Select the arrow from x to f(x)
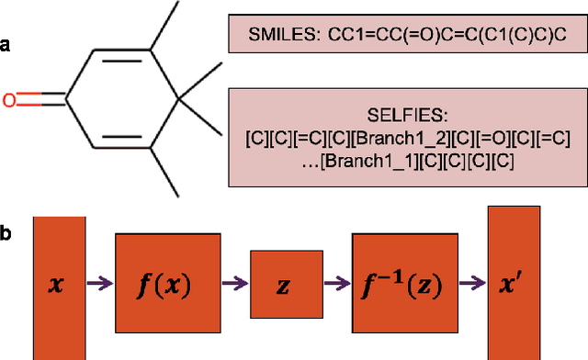tap(99, 284)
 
